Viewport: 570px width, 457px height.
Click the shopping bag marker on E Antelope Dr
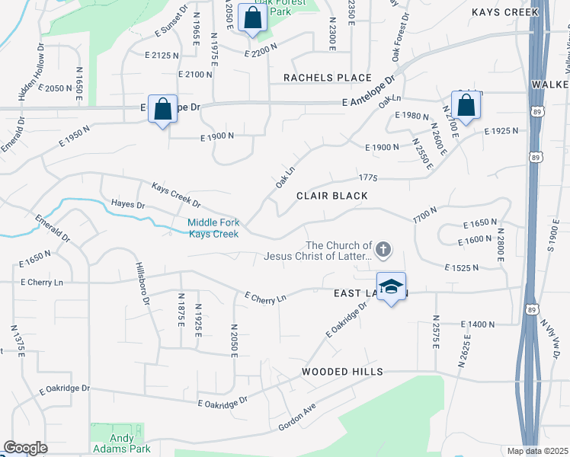[162, 109]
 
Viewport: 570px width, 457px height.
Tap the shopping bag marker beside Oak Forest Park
[251, 18]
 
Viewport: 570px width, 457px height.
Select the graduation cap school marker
[391, 287]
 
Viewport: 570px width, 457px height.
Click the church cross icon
[383, 248]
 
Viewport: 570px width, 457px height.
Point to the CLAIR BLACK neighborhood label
[332, 196]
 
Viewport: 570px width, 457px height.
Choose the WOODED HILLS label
[341, 372]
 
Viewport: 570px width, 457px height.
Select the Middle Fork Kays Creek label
[214, 228]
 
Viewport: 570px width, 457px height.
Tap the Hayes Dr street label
[128, 205]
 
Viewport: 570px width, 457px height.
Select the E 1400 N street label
[480, 324]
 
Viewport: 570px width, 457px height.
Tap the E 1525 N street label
[462, 267]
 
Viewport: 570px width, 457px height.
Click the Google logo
[25, 448]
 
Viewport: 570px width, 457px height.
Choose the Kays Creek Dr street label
[175, 196]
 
